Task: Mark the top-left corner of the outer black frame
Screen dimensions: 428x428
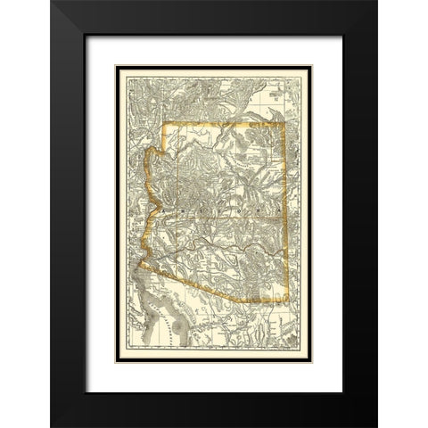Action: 51,2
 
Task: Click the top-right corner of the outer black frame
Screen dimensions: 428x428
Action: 377,2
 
